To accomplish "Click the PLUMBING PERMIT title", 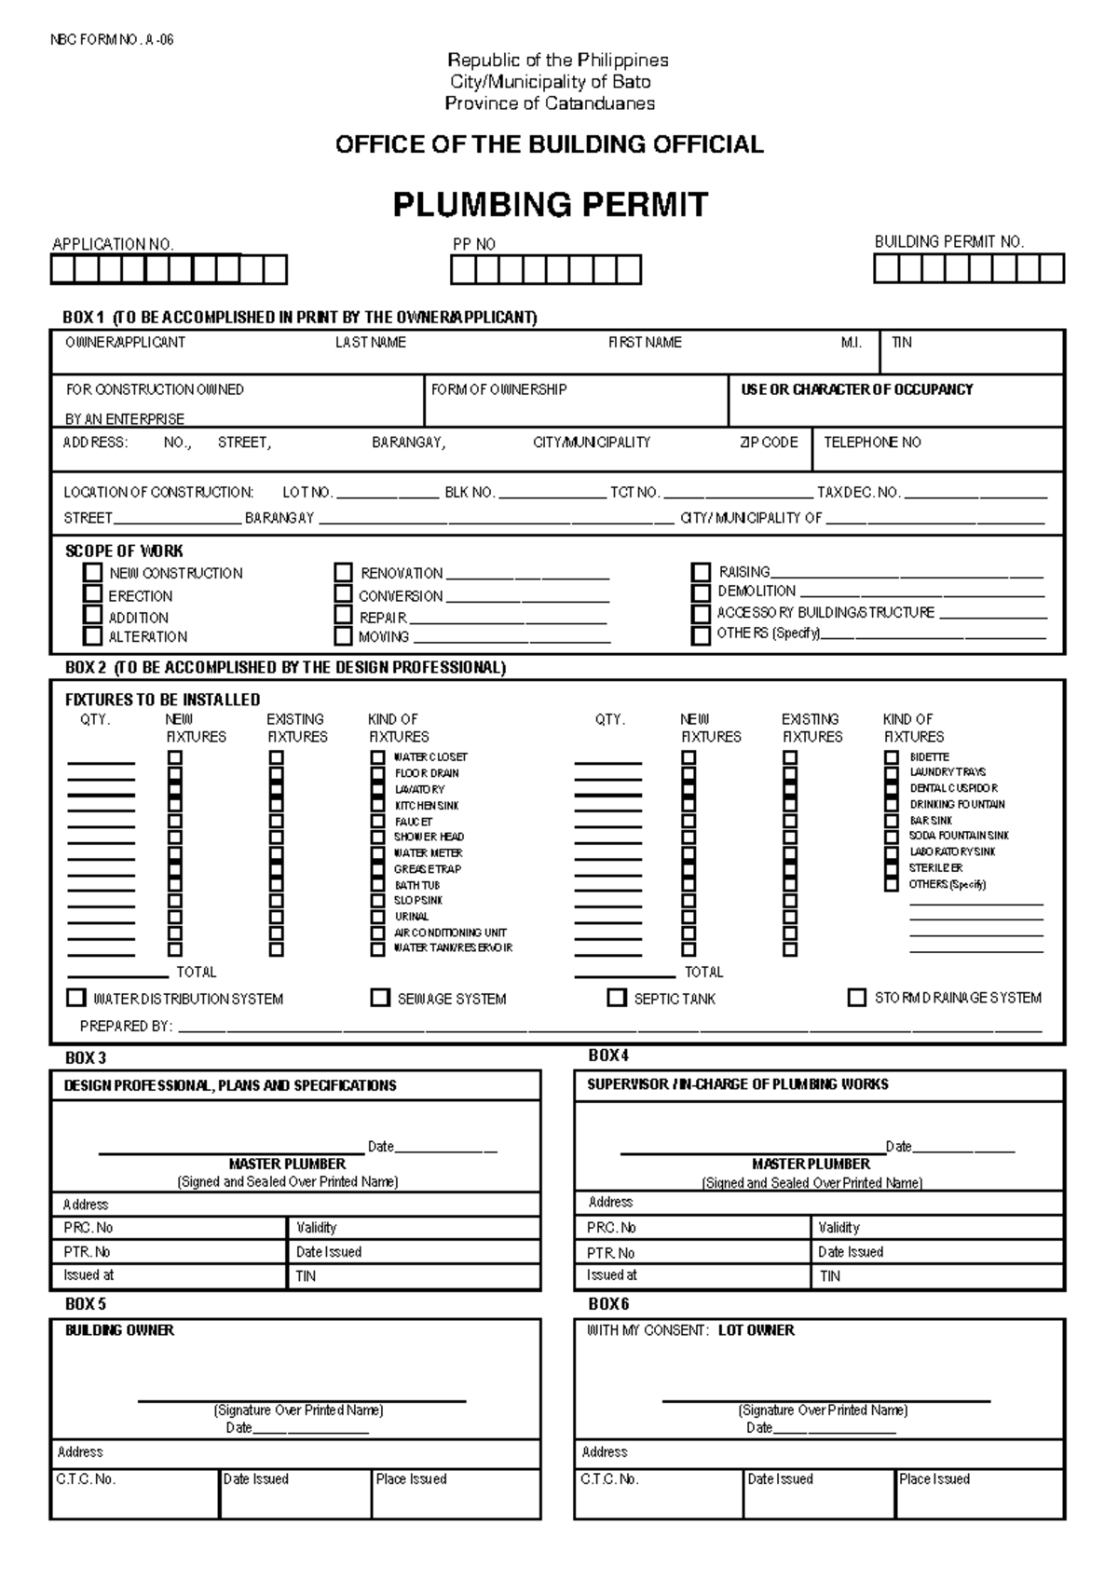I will [x=551, y=204].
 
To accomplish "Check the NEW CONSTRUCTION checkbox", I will [x=92, y=572].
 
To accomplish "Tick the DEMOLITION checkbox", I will [x=701, y=592].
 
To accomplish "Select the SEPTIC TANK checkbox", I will [x=616, y=998].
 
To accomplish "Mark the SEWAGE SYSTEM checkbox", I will [x=380, y=998].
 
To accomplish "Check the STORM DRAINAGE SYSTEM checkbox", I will [x=856, y=997].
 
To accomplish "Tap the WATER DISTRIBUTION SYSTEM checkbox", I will [x=76, y=998].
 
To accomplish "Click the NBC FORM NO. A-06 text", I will [x=112, y=40].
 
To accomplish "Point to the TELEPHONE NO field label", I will [x=872, y=443].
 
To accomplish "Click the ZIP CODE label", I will [x=768, y=443].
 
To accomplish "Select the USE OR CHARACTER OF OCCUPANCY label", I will [x=856, y=389].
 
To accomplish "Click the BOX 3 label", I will [x=86, y=1058].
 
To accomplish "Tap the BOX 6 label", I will [x=608, y=1303].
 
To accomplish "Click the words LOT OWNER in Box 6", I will [x=756, y=1330].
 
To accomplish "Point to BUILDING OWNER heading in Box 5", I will [x=119, y=1330].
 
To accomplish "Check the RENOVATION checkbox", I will [x=344, y=572].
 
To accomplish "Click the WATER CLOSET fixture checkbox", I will [x=377, y=757].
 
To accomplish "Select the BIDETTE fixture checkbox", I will [x=892, y=757].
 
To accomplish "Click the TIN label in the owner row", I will [x=901, y=343].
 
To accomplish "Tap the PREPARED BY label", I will [x=126, y=1026].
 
